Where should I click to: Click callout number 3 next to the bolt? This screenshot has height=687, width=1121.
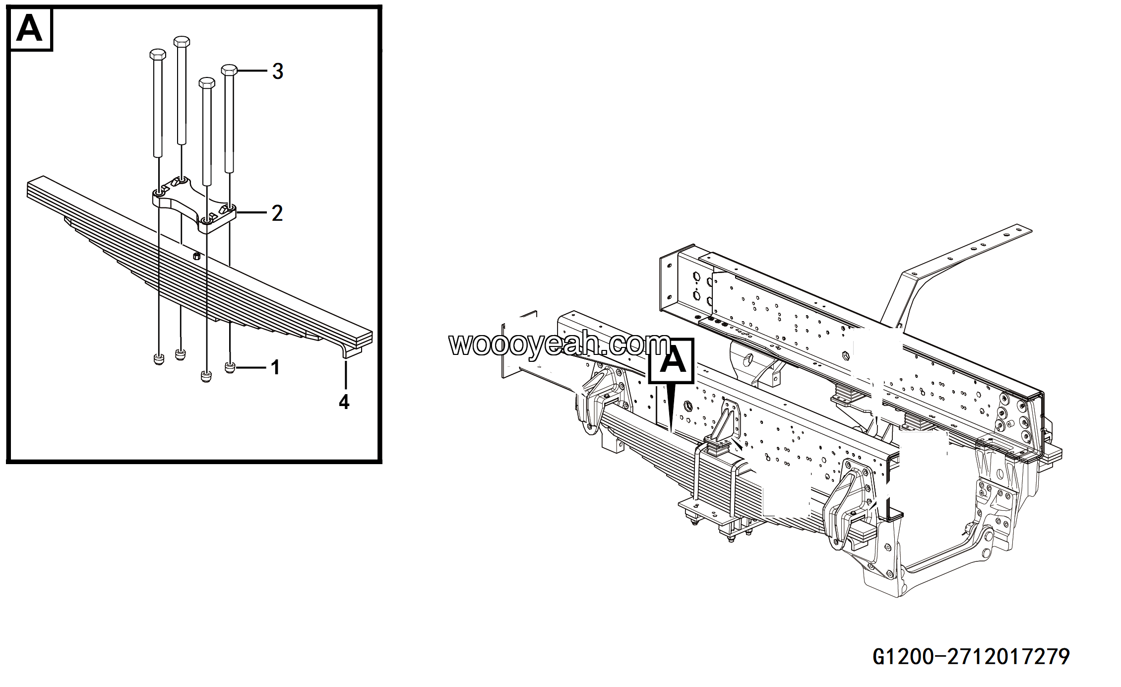[x=278, y=71]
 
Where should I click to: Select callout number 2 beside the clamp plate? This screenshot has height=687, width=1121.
[x=277, y=213]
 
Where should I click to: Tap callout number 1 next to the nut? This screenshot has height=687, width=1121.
[x=275, y=368]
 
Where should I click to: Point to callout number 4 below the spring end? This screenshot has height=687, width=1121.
[x=344, y=402]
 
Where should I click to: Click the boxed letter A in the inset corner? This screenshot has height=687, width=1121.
[x=30, y=29]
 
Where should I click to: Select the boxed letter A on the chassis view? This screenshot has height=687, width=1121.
[x=672, y=361]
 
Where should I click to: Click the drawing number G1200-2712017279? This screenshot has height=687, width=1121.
[x=971, y=657]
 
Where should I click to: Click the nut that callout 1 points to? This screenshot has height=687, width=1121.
[x=230, y=368]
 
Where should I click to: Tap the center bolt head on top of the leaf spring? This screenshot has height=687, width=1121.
[x=196, y=256]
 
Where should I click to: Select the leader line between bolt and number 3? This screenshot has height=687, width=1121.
[x=253, y=71]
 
